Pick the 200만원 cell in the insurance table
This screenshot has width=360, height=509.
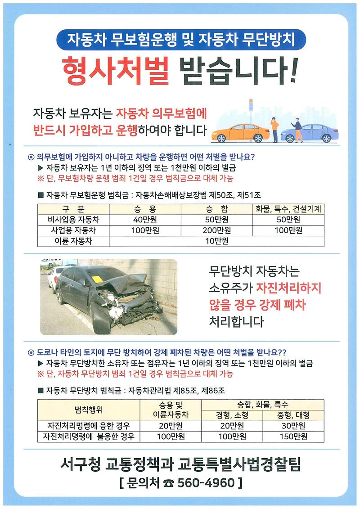click(x=217, y=230)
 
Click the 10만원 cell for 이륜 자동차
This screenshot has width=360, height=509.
click(x=217, y=241)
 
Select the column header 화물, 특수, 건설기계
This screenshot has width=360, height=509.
click(x=288, y=209)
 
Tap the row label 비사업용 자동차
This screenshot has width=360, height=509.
click(x=73, y=220)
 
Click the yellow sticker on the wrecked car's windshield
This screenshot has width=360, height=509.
click(x=98, y=279)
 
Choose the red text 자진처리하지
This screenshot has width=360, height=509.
click(x=288, y=288)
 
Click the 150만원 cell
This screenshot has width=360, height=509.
click(x=293, y=437)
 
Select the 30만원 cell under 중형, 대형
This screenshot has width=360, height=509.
click(x=293, y=426)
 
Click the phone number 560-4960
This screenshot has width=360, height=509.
click(x=207, y=483)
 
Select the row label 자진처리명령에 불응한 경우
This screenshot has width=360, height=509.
click(x=88, y=437)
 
